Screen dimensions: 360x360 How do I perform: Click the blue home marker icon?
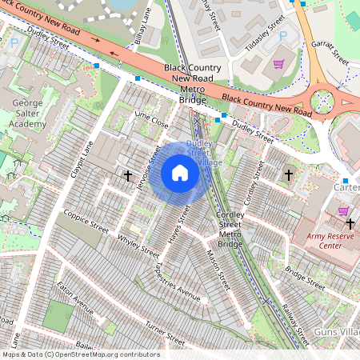click(x=180, y=173)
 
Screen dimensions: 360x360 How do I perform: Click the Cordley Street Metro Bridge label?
click(x=230, y=230)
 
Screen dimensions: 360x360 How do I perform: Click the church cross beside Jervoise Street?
click(x=127, y=174)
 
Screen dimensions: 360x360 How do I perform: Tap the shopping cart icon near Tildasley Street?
click(x=279, y=64)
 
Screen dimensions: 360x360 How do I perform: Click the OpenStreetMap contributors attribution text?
click(x=81, y=354)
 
